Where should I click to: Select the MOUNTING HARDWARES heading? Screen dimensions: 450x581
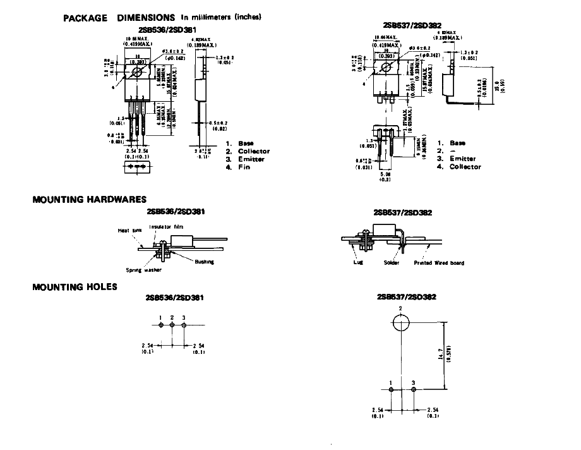pos(89,200)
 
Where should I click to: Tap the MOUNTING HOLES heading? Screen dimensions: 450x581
pos(75,287)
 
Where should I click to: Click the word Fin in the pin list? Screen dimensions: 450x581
pos(244,167)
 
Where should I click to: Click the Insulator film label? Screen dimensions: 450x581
pos(165,226)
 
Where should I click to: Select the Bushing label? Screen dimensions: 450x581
pos(204,262)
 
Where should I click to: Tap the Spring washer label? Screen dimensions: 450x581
pos(144,270)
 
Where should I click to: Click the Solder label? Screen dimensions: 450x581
pos(392,262)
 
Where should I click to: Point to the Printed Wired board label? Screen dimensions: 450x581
pos(439,262)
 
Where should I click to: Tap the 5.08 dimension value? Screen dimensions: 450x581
pos(385,174)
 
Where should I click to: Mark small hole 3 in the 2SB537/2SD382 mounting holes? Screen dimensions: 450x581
pos(413,390)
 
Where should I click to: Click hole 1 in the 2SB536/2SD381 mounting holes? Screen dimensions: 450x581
pos(162,325)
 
